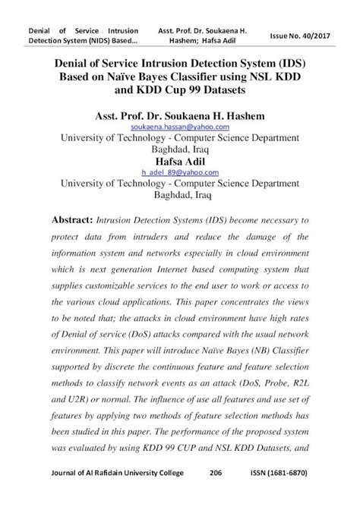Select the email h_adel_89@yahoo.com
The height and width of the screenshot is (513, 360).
click(x=180, y=173)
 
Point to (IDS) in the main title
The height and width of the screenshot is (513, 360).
click(x=295, y=63)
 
